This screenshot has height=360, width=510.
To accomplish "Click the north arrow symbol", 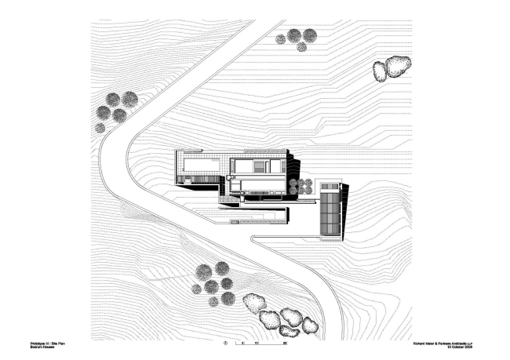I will tap(226, 343).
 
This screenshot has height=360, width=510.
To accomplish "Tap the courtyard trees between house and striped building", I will tap(300, 186).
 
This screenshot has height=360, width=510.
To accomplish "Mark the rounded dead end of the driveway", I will tap(253, 238).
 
